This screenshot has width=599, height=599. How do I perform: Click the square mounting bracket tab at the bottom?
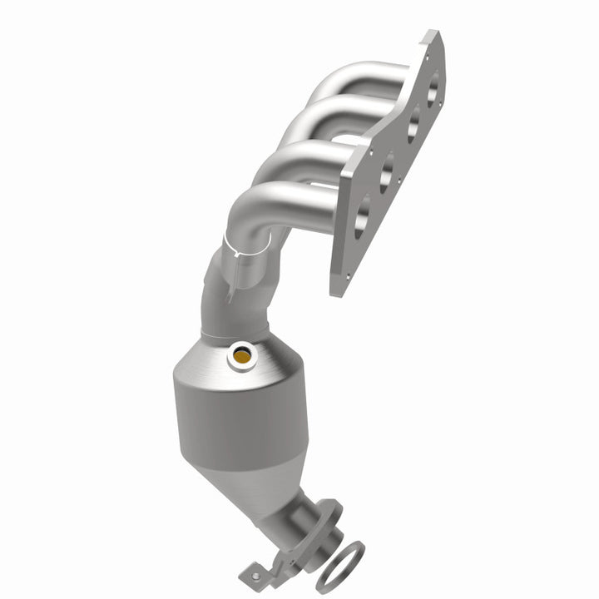coord(254,572)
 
